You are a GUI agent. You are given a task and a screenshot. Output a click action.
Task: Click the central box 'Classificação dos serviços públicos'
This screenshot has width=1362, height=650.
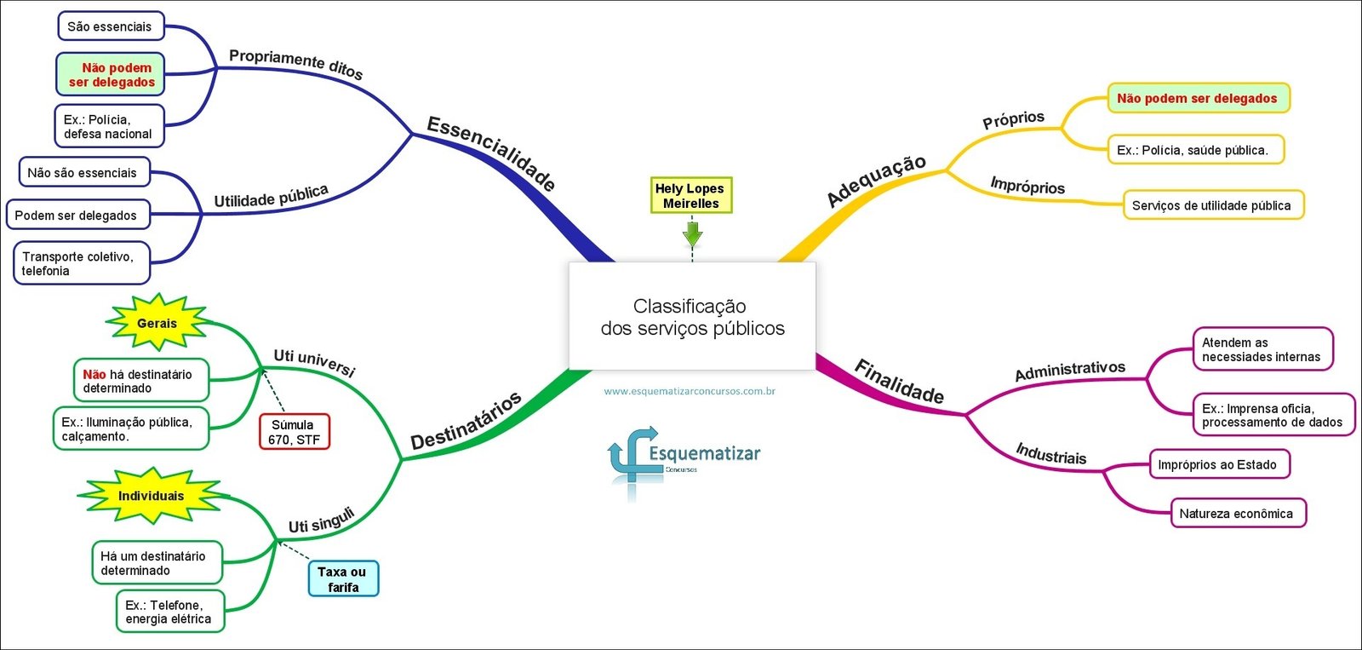coord(692,317)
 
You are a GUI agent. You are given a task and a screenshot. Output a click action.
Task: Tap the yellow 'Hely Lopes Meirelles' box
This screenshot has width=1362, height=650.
coord(690,196)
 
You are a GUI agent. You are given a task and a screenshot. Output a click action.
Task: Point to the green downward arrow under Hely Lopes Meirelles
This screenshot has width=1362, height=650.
coord(692,233)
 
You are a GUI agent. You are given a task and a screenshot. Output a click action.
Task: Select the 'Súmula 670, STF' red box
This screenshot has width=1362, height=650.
coord(295,432)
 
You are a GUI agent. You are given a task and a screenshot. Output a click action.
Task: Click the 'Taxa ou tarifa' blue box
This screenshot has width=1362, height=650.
coord(343,579)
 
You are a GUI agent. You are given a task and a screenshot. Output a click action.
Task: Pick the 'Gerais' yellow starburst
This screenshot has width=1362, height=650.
coord(157,323)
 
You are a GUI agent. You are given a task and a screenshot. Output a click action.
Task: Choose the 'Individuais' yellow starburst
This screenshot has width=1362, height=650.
coord(151,496)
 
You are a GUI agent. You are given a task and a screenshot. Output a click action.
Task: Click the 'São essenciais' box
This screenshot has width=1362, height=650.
coord(110,26)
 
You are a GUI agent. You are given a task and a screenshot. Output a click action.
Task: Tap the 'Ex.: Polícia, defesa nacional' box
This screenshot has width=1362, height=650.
coord(108,126)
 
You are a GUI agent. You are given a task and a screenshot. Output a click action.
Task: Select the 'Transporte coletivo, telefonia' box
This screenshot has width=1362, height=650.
coord(81,263)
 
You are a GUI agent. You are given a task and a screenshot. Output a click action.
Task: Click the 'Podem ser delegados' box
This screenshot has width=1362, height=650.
coord(77,216)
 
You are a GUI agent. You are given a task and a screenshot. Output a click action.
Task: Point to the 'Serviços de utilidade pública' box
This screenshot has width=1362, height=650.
coord(1212,205)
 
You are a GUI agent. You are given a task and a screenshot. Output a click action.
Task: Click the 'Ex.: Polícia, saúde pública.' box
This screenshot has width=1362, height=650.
coord(1193,150)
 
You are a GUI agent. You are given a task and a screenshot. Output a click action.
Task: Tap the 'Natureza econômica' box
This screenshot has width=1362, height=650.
coord(1236,514)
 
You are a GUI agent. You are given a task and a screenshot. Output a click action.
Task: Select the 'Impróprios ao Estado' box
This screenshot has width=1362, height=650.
coord(1217,465)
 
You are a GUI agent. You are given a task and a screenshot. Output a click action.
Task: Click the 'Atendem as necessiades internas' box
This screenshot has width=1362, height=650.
coord(1262,349)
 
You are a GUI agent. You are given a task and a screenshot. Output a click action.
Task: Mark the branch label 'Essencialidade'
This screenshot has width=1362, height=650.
coord(491,153)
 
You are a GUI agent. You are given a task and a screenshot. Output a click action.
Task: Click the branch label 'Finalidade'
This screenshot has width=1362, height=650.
coord(899,381)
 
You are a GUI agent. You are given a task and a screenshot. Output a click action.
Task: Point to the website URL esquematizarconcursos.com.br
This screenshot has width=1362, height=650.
coord(690,392)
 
